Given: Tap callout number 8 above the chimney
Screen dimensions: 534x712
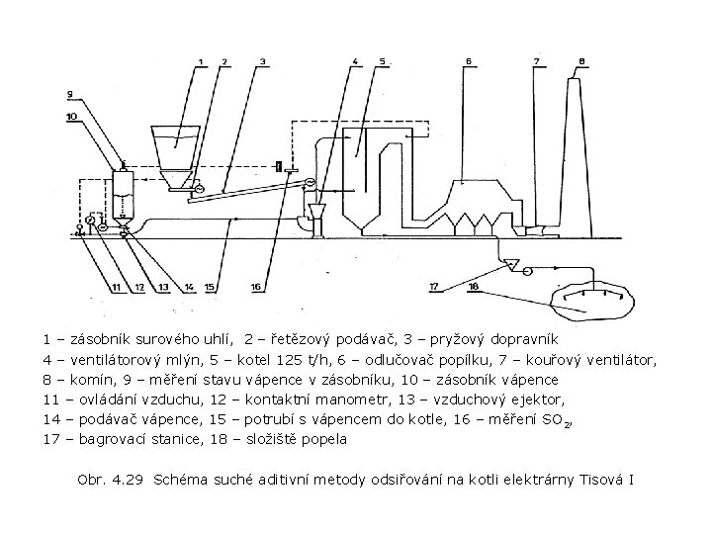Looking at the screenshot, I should [581, 61].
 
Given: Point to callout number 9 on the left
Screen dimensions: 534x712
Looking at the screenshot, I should [70, 94].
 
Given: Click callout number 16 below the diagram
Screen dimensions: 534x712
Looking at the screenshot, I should [255, 287].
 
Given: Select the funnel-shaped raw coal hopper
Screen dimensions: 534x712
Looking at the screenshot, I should [177, 148].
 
